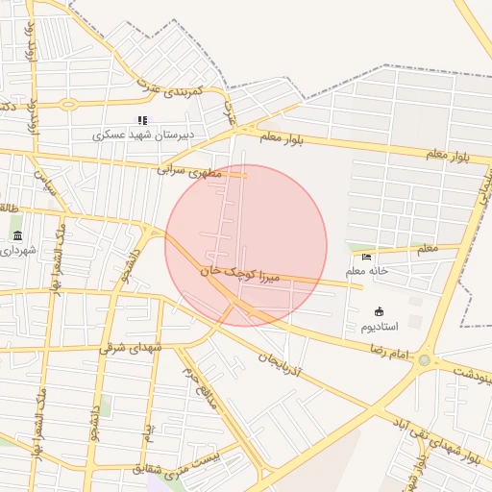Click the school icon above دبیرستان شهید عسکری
coord(143,120)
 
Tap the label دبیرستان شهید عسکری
coord(143,135)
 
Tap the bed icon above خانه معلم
coord(366,257)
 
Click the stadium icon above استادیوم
coord(379,310)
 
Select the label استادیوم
coord(380,327)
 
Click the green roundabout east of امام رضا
coord(424,360)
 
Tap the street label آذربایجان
coord(281,362)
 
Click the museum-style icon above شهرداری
coord(17,235)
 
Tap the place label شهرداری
coord(17,251)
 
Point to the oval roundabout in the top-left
coord(68,104)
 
